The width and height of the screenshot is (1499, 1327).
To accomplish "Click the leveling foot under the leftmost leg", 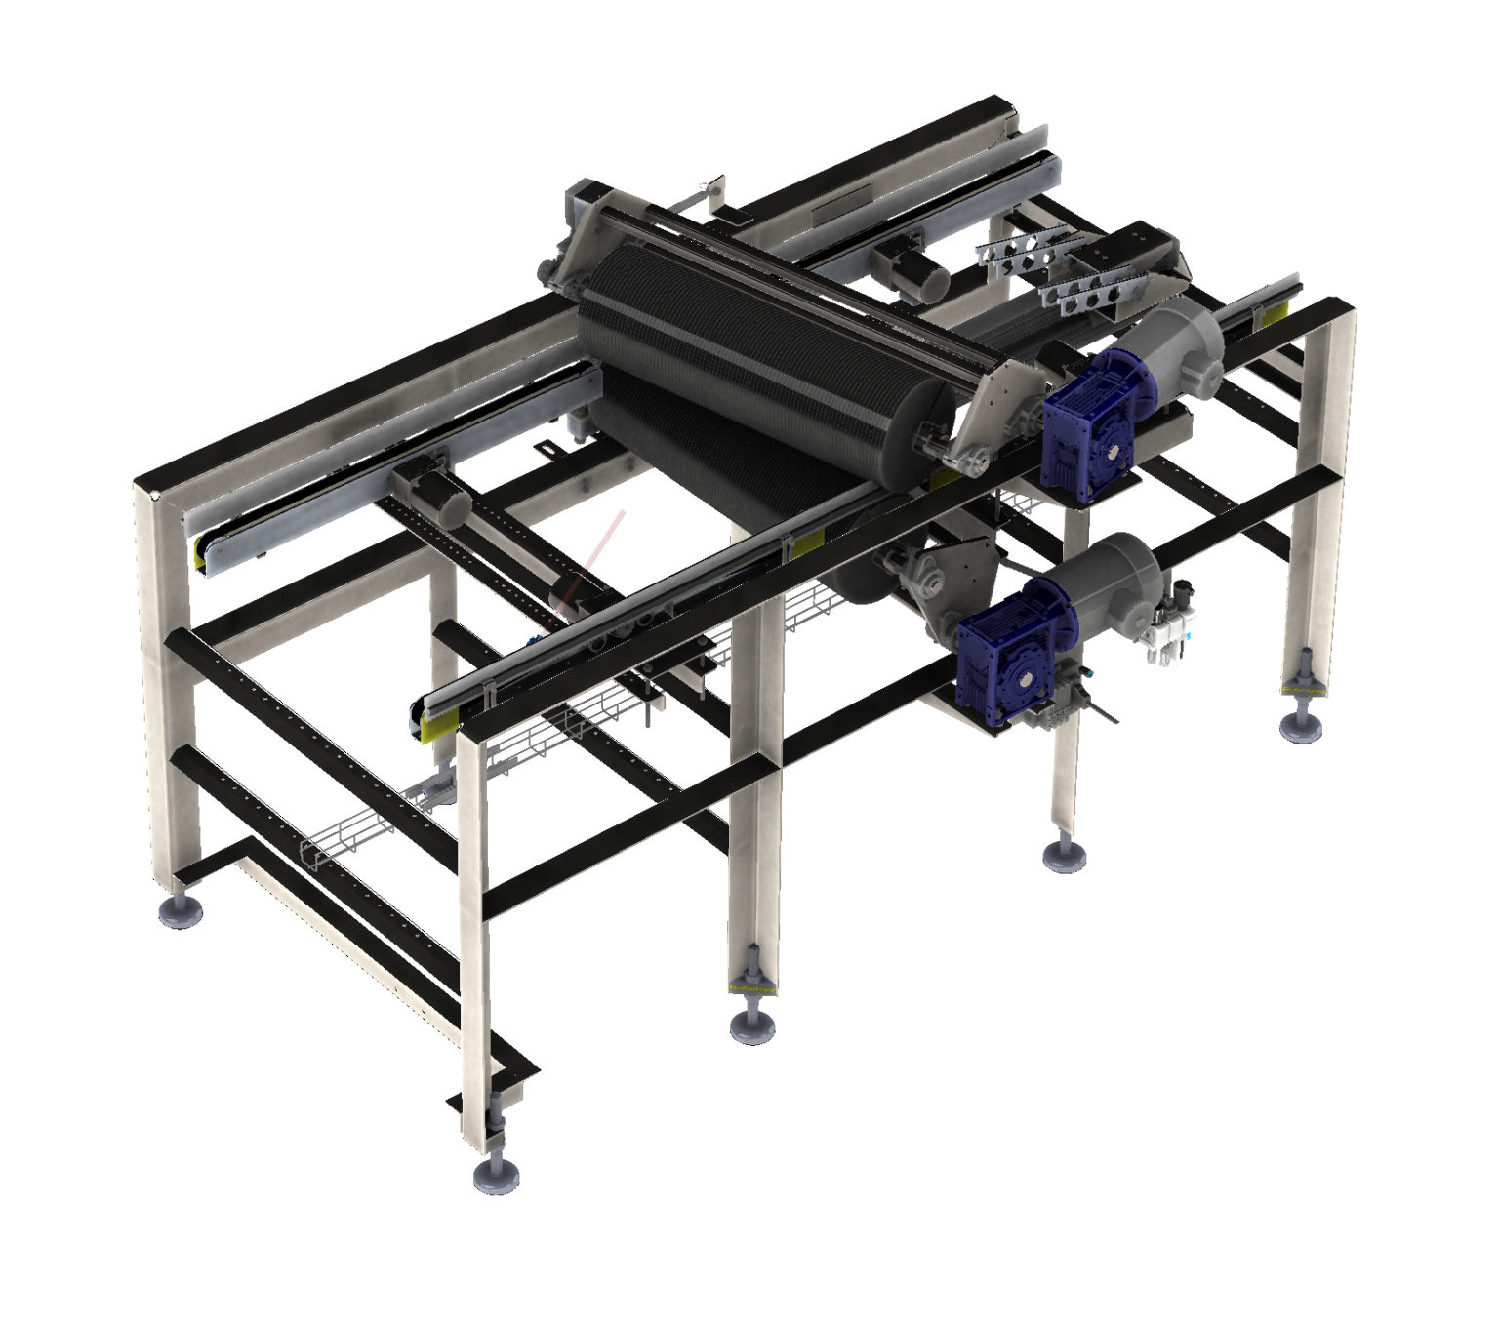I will [182, 911].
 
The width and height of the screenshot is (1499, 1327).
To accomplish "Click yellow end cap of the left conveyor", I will [206, 552].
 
